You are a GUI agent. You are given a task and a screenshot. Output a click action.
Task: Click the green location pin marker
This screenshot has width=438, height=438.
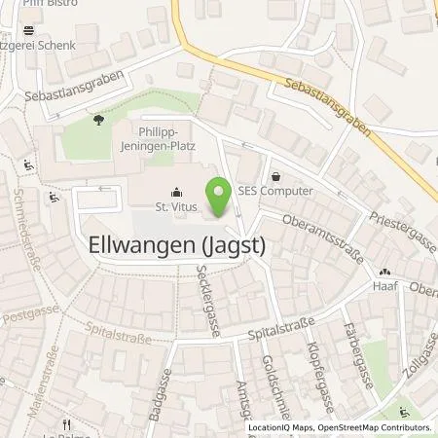point(219,198)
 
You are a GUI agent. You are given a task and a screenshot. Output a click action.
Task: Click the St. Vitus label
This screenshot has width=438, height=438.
point(175,206)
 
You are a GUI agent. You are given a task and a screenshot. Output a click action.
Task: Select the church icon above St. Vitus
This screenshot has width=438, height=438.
point(175,192)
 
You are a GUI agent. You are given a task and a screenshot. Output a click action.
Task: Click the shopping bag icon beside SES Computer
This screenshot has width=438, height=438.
point(277,177)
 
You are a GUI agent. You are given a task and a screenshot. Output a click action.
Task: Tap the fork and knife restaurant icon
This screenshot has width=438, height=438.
point(66,424)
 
